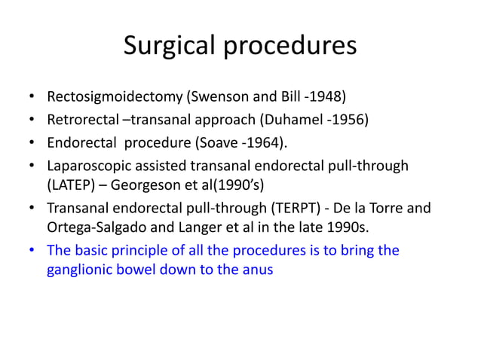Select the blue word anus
click(258, 270)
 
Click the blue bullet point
click(32, 250)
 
